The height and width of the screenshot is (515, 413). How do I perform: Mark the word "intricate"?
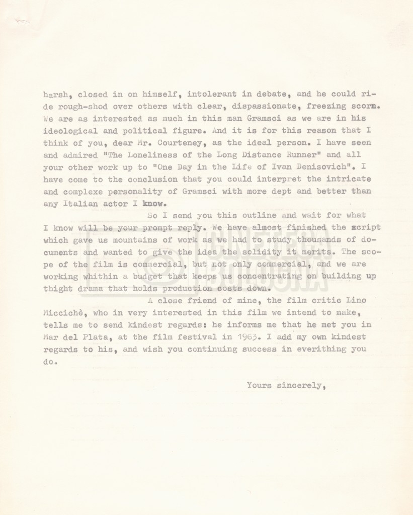350,180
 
